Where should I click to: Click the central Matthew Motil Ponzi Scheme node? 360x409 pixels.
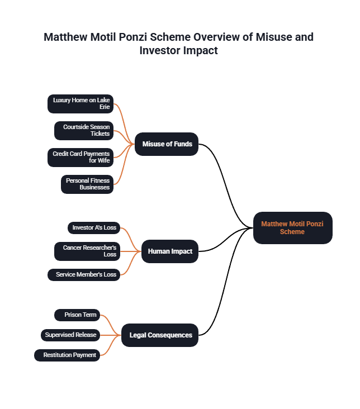[292, 228]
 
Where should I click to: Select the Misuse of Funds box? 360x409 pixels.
[167, 144]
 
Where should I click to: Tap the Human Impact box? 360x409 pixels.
[169, 251]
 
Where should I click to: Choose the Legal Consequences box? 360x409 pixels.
[160, 335]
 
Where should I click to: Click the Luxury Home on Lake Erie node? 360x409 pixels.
[80, 103]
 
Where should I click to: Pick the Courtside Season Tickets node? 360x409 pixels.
[84, 130]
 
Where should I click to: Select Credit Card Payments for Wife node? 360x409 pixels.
[80, 157]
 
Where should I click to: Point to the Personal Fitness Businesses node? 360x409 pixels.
[87, 184]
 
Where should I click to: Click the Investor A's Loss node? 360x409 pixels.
[94, 227]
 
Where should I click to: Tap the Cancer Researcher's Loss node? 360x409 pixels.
[87, 251]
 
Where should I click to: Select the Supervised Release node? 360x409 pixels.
[70, 335]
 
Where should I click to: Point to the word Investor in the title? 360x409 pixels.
[163, 50]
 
